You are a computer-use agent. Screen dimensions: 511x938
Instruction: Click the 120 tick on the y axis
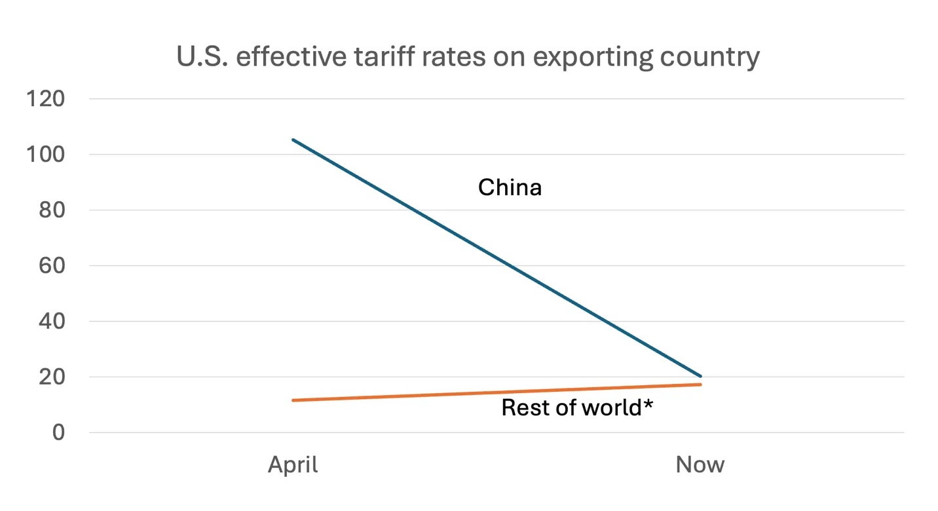click(x=45, y=99)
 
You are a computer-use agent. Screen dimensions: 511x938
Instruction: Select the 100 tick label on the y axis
click(x=45, y=155)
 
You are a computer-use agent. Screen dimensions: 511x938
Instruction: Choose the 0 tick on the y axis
click(x=58, y=433)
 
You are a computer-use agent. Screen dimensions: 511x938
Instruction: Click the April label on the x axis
click(x=293, y=465)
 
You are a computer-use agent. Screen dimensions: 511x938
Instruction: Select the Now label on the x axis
click(x=700, y=465)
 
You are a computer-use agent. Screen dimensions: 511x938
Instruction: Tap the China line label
click(x=510, y=188)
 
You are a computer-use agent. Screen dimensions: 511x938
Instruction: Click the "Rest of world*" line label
click(x=577, y=407)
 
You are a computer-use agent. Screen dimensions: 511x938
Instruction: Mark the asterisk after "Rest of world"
click(x=648, y=404)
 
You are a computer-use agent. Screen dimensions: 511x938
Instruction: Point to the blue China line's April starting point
click(x=293, y=140)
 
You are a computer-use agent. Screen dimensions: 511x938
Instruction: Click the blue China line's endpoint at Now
click(x=700, y=376)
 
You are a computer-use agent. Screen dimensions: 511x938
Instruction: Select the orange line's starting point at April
click(x=293, y=400)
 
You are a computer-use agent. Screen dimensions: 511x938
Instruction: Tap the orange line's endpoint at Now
click(x=700, y=385)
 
